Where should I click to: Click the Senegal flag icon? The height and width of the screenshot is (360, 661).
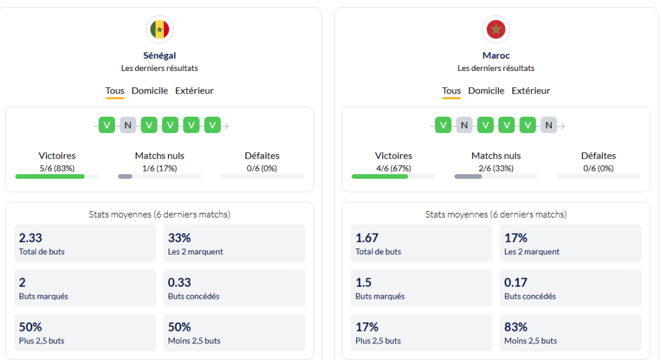pyautogui.click(x=159, y=29)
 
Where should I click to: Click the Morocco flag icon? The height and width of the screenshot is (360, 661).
pyautogui.click(x=496, y=29)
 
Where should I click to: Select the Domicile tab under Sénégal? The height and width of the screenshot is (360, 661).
pyautogui.click(x=150, y=91)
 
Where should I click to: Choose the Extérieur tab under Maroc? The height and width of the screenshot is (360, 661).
pyautogui.click(x=531, y=91)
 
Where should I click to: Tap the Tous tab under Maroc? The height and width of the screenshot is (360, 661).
pyautogui.click(x=451, y=91)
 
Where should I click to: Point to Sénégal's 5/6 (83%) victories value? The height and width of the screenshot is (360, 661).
pyautogui.click(x=57, y=168)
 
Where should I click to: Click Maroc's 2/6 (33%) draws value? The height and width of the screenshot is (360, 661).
pyautogui.click(x=496, y=168)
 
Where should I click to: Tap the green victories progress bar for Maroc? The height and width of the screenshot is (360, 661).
pyautogui.click(x=380, y=176)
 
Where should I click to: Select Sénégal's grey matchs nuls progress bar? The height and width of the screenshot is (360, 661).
pyautogui.click(x=125, y=176)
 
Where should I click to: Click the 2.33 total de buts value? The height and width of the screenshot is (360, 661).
pyautogui.click(x=30, y=238)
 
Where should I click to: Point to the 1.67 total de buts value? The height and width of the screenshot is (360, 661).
pyautogui.click(x=367, y=238)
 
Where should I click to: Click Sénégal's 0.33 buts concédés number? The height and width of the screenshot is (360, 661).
pyautogui.click(x=179, y=283)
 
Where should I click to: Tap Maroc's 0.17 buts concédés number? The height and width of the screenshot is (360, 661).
pyautogui.click(x=516, y=283)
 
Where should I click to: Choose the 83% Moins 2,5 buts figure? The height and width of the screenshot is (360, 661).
pyautogui.click(x=516, y=327)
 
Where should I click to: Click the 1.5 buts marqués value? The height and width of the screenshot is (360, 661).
pyautogui.click(x=363, y=283)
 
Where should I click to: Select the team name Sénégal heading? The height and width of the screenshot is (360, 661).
pyautogui.click(x=159, y=55)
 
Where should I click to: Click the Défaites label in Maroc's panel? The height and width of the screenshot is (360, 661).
pyautogui.click(x=598, y=155)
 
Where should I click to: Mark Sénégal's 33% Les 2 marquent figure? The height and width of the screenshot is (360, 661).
pyautogui.click(x=179, y=238)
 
